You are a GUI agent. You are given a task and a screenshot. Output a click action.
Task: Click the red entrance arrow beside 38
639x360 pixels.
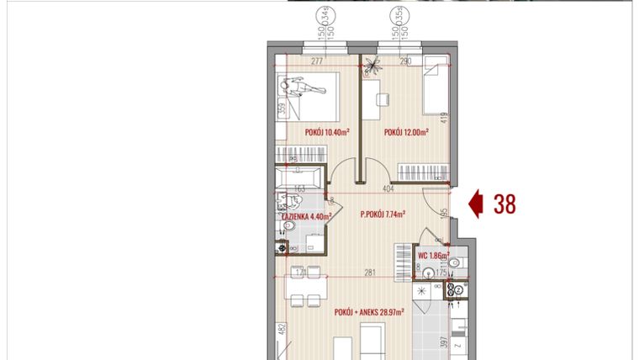(475, 203)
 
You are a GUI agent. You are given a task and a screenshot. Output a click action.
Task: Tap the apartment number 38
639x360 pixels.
(504, 203)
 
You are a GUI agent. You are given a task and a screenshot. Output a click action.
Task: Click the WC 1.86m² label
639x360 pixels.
(431, 255)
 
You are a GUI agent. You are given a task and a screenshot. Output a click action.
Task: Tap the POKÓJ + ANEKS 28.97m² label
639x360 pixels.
(369, 310)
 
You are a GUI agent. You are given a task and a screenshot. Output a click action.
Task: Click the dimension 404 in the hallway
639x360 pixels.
(388, 190)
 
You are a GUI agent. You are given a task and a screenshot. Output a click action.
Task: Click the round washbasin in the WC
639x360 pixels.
(430, 272)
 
